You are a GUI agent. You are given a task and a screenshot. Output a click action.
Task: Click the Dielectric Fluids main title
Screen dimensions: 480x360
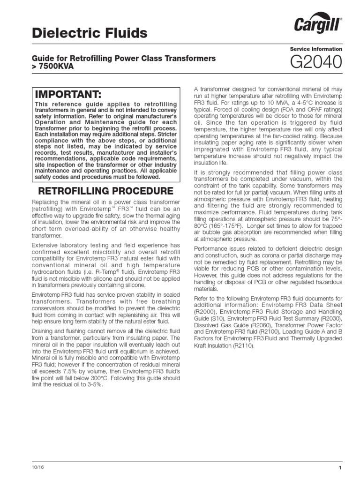click(x=89, y=33)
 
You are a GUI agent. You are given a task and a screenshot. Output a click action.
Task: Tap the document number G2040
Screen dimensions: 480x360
click(x=317, y=63)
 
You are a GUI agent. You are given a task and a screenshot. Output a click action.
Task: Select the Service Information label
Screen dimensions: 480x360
click(x=316, y=49)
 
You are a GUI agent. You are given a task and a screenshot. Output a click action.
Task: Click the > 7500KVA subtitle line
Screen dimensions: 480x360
click(x=52, y=67)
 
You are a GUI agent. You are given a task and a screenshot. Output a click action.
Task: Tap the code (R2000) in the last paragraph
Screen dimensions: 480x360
click(x=206, y=312)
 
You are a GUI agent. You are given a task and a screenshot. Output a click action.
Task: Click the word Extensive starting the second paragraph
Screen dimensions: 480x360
click(x=45, y=245)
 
